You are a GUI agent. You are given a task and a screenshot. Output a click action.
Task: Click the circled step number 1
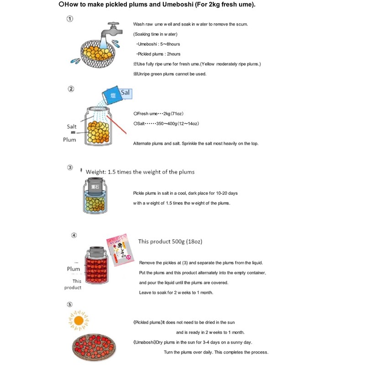point(70,19)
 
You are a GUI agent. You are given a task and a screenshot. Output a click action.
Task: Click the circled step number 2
point(71,89)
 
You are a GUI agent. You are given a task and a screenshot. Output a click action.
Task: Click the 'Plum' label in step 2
point(69,140)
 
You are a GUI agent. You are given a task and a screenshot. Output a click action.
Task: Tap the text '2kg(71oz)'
point(173,113)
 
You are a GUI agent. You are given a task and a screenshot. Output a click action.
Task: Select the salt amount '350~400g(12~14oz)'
point(179,123)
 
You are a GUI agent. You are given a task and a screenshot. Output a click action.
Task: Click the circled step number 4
point(74,235)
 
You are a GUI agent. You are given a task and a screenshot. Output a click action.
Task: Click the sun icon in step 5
point(78,320)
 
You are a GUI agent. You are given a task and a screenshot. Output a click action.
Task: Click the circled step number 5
point(69,304)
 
